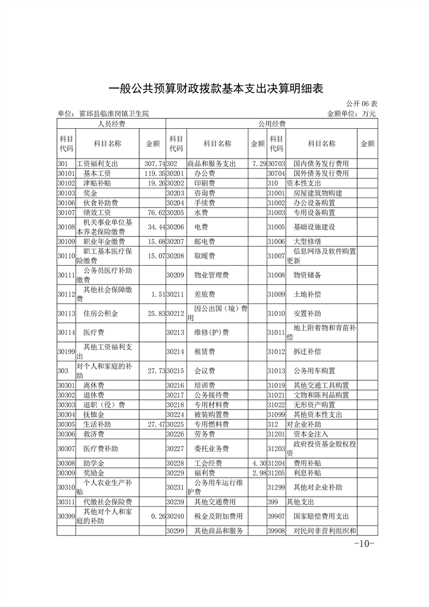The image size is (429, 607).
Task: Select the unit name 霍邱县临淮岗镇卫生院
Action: pos(103,114)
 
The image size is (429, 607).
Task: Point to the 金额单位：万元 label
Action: pos(352,114)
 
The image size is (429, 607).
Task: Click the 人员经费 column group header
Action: pos(111,124)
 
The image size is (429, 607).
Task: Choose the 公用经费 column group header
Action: pos(272,124)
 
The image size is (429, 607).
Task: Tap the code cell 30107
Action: pos(65,212)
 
